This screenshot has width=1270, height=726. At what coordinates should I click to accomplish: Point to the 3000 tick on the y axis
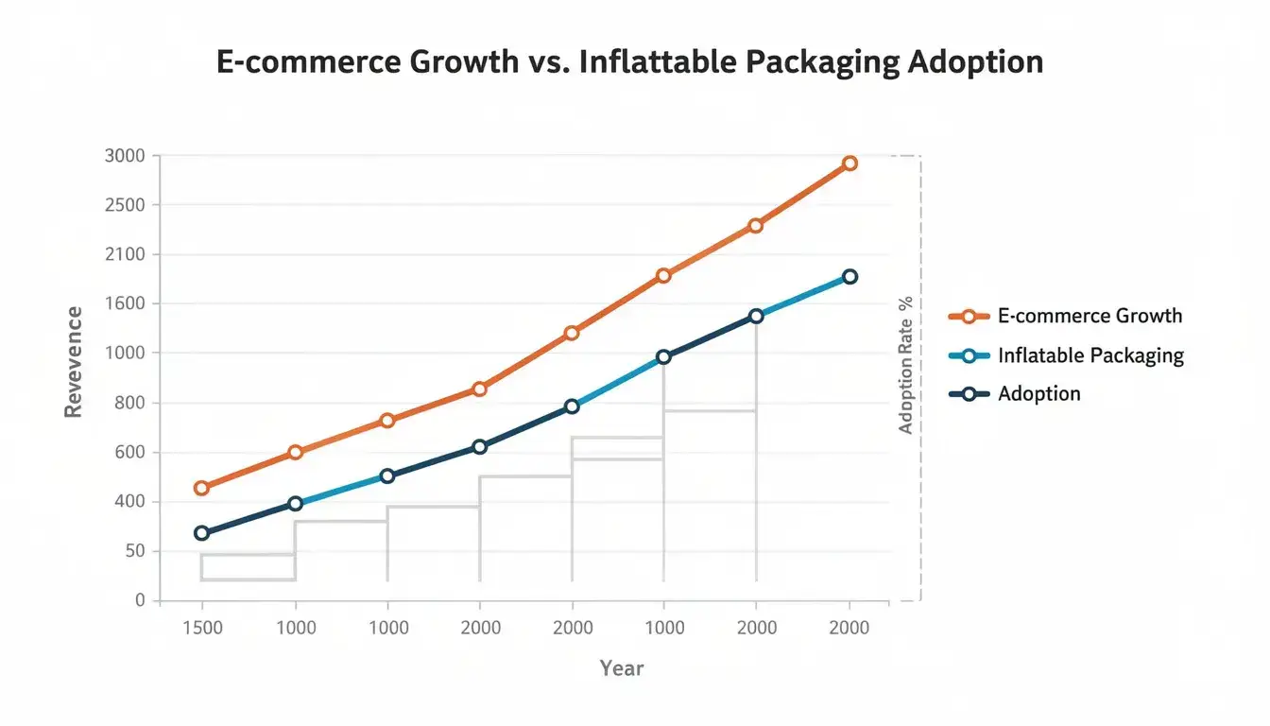(126, 156)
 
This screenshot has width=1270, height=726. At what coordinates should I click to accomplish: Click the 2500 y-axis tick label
(126, 205)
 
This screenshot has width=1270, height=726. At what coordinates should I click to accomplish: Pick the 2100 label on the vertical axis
(126, 254)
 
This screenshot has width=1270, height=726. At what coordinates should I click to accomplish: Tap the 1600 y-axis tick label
(126, 304)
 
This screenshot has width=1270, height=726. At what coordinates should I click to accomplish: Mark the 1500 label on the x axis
(201, 629)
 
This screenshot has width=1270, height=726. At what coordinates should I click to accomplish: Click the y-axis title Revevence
(73, 362)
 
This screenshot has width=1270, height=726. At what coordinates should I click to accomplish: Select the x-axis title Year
(622, 668)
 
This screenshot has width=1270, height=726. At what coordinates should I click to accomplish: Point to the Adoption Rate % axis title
(906, 365)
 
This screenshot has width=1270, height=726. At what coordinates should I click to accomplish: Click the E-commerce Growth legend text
(1090, 316)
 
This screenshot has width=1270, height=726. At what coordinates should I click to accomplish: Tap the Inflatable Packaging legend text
(1090, 355)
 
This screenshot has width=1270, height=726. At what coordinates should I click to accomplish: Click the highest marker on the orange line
(850, 164)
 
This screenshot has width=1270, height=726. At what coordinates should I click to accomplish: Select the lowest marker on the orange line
(201, 488)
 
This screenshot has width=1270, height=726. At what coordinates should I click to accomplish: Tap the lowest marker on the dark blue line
(201, 533)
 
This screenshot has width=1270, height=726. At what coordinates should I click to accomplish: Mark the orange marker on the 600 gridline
(295, 452)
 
